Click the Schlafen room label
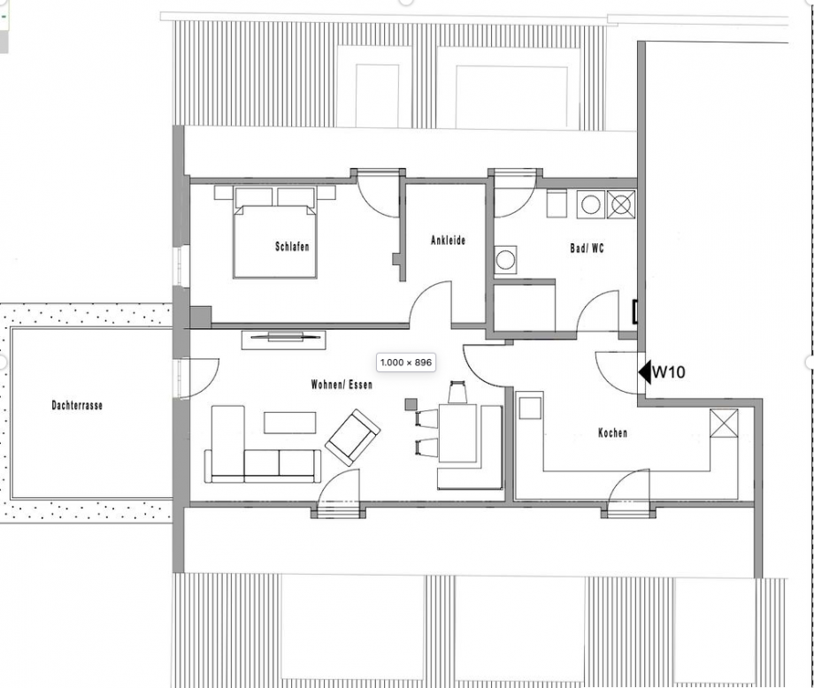292,247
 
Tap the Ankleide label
448,241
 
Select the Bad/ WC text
587,249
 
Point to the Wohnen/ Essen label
342,386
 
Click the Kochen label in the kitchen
612,433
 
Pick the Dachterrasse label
77,406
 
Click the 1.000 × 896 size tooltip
405,363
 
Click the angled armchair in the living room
352,437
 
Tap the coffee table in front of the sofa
290,423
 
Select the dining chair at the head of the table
457,392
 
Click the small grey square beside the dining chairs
411,404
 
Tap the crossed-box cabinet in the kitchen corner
723,424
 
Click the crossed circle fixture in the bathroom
622,204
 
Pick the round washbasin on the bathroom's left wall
505,261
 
